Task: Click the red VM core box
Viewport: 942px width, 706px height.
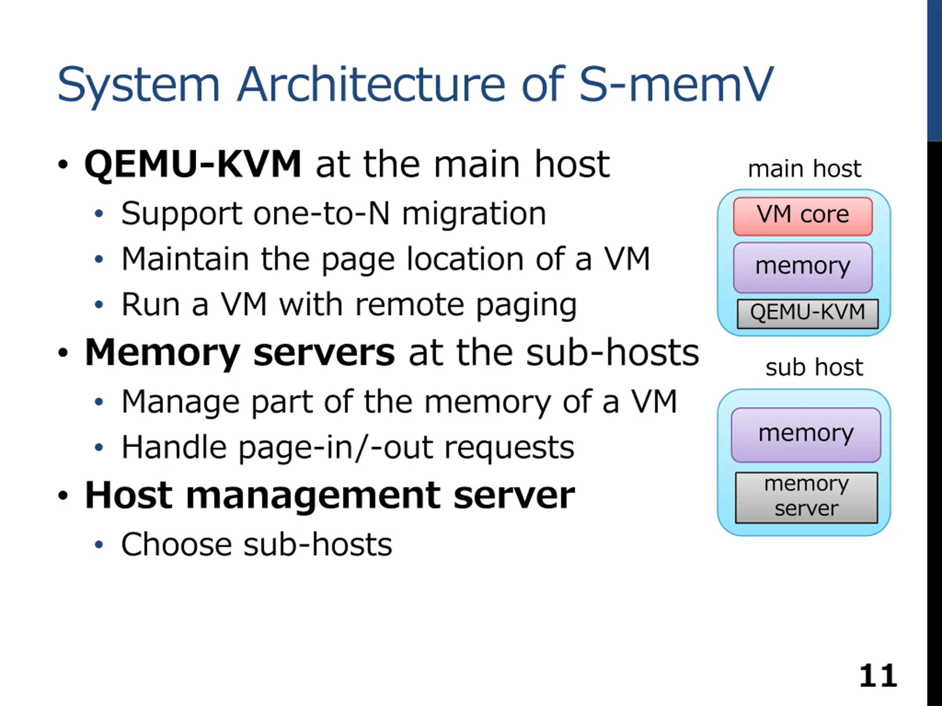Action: click(803, 216)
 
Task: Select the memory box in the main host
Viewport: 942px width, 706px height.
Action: click(803, 268)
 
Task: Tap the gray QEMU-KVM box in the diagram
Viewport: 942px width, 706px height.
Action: click(807, 314)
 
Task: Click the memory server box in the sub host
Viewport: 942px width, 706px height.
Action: click(806, 498)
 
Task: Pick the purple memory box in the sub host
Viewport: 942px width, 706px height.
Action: click(806, 435)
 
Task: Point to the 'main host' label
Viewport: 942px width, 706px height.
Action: click(804, 169)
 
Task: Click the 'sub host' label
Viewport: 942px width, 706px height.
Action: click(814, 367)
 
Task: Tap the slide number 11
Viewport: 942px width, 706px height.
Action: click(878, 675)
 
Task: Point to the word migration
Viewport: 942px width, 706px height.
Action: click(474, 214)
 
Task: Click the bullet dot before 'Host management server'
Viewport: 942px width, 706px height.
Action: click(63, 496)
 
